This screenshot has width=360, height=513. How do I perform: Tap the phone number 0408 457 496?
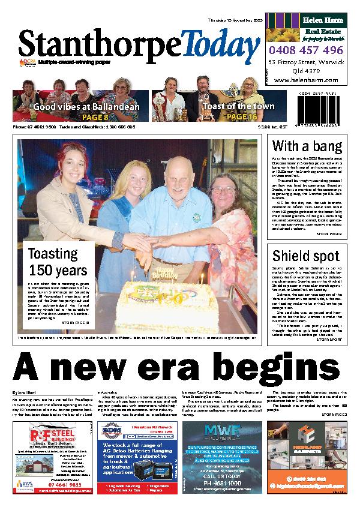point(306,50)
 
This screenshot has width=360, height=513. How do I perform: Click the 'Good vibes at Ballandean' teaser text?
point(86,107)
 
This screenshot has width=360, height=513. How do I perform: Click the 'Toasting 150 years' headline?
point(58,262)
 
